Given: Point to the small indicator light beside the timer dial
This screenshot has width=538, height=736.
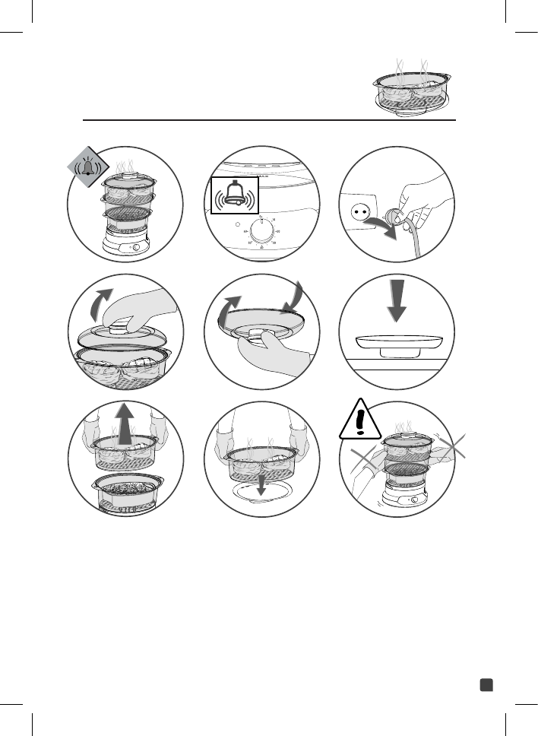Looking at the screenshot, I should point(239,225).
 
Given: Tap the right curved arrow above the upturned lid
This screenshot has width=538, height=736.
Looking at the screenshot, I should point(293,297).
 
